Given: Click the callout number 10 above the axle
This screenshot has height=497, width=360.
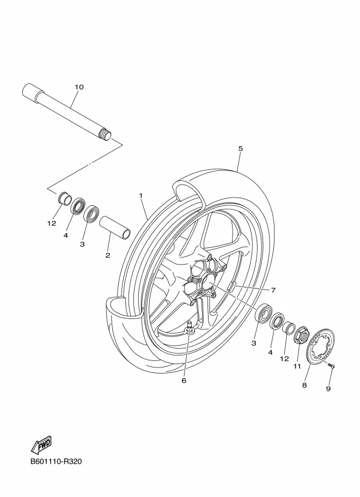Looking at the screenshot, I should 78,87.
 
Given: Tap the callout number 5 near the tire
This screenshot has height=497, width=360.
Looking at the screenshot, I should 240,148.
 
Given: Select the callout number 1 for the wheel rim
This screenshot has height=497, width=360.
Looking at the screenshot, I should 140,195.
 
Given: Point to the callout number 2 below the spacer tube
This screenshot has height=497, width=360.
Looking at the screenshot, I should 108,255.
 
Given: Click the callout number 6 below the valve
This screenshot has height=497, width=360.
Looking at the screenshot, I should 184,381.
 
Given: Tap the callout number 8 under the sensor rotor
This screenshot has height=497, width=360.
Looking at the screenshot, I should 304,385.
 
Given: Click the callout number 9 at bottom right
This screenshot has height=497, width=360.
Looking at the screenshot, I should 328,388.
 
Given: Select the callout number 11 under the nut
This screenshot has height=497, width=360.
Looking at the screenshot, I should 297,366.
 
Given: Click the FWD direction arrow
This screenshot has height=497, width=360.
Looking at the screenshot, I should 41,446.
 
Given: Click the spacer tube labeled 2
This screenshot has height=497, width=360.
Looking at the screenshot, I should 115,226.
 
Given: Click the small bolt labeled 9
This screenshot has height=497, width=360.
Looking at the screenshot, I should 332,366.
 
